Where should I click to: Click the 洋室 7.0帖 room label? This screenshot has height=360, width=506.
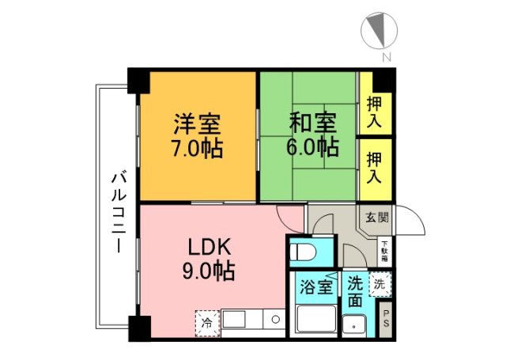click(198, 135)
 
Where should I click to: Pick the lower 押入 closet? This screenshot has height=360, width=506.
click(374, 169)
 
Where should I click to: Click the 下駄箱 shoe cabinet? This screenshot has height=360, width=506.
click(384, 251)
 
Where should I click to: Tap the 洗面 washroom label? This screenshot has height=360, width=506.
click(356, 291)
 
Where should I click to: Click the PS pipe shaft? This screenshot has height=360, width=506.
click(385, 319)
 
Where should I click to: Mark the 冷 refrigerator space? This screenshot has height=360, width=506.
click(207, 322)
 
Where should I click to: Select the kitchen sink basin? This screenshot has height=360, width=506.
click(234, 320)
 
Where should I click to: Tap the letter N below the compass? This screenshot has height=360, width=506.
click(386, 56)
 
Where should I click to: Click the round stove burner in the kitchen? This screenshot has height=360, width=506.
click(274, 319)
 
